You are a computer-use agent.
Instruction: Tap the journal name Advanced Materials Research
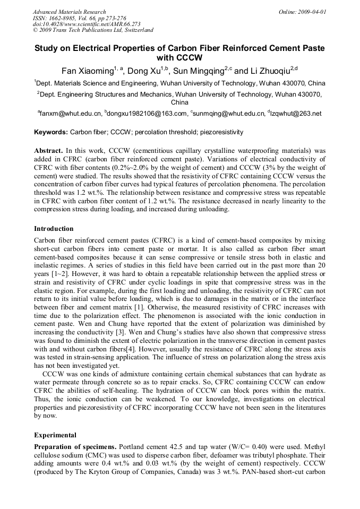70,12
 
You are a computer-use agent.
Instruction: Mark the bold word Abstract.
49,151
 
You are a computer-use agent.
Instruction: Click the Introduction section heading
54,229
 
